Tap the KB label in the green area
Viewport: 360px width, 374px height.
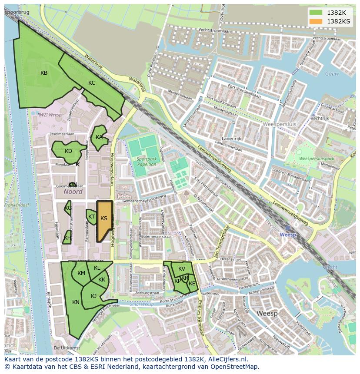[44, 73]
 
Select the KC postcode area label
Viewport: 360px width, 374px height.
[92, 83]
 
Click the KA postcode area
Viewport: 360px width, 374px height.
[99, 137]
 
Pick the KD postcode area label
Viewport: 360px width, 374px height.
[68, 151]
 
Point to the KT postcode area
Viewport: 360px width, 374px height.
[91, 216]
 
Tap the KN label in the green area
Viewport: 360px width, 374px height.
[76, 302]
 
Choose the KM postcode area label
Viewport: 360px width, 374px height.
[81, 273]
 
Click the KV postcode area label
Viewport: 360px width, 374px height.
[182, 269]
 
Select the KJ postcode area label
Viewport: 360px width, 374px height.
[93, 296]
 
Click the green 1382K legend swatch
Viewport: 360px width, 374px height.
[316, 13]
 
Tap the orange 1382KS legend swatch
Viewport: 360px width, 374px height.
[316, 21]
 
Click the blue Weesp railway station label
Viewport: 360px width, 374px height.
[288, 235]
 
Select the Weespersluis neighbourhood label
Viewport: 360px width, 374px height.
[280, 124]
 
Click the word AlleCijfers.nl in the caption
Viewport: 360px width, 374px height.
[225, 359]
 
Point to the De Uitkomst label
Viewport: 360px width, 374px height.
[67, 348]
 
